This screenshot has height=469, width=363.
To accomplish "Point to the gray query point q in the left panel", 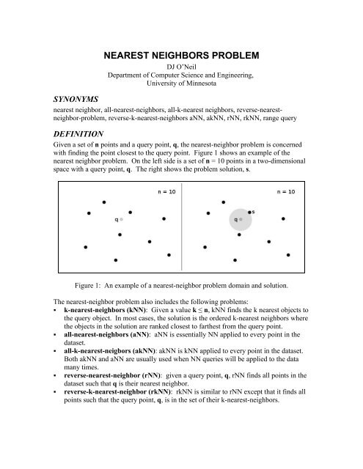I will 122,218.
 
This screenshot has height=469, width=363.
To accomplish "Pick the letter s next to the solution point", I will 254,211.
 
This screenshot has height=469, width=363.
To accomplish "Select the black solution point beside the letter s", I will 249,213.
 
